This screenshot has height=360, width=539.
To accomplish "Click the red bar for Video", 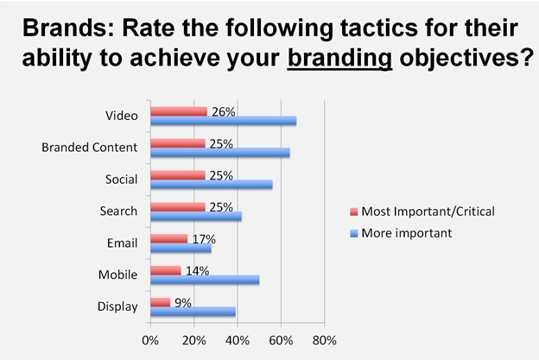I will click(x=179, y=111).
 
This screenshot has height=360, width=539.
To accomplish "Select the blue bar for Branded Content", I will click(x=220, y=153).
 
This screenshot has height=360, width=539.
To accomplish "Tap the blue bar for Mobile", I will click(x=205, y=280).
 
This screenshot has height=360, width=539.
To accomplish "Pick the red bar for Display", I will click(x=160, y=303).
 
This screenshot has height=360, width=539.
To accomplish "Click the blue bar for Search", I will click(x=196, y=217).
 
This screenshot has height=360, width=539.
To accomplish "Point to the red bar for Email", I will click(x=168, y=238).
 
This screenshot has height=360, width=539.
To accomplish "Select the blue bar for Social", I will click(x=212, y=185).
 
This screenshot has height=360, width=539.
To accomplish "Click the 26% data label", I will click(x=224, y=111).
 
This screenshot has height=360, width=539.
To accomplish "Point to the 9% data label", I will click(x=182, y=302).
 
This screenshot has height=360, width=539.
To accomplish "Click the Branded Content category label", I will click(x=89, y=148).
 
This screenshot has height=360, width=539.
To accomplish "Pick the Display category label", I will click(x=118, y=306).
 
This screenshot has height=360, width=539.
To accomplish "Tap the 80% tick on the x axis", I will click(x=324, y=338).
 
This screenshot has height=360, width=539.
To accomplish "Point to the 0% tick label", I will click(x=150, y=338).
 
